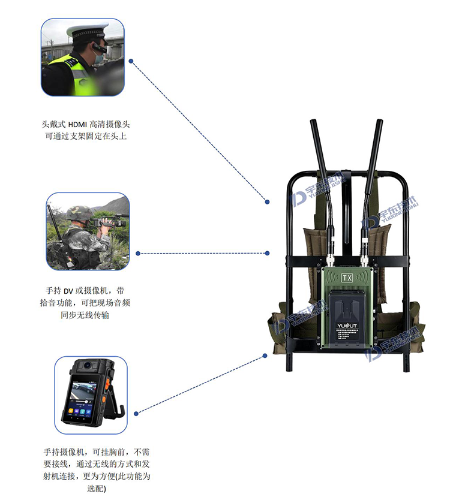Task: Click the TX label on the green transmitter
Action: click(x=347, y=277)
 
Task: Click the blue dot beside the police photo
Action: click(x=131, y=61)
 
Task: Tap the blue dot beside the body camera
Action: click(x=136, y=413)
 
